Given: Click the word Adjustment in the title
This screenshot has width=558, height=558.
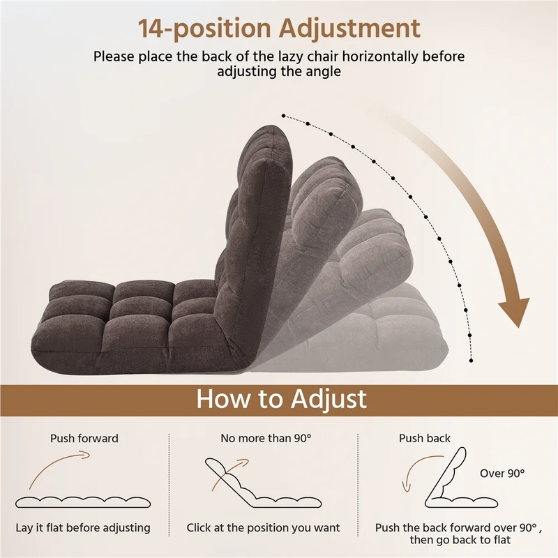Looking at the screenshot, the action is (x=350, y=29).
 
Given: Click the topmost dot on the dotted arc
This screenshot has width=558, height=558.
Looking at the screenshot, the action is (x=283, y=116).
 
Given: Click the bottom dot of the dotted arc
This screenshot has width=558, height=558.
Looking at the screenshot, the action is (x=472, y=361).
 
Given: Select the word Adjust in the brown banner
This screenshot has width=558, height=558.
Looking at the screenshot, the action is (x=329, y=399).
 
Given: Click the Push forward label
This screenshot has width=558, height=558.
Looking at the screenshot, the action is (x=84, y=438).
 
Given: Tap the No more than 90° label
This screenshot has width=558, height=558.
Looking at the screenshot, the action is (x=266, y=438).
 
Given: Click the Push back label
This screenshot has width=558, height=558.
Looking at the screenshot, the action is (x=425, y=438).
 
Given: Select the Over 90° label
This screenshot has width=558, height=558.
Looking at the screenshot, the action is (x=502, y=474).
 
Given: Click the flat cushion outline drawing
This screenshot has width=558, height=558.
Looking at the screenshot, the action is (x=83, y=502).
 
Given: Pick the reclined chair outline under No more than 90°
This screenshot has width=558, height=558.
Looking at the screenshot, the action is (x=263, y=483).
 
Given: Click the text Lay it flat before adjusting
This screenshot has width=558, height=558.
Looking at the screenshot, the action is (x=83, y=528).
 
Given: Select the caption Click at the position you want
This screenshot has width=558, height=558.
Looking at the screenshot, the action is (x=263, y=528).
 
